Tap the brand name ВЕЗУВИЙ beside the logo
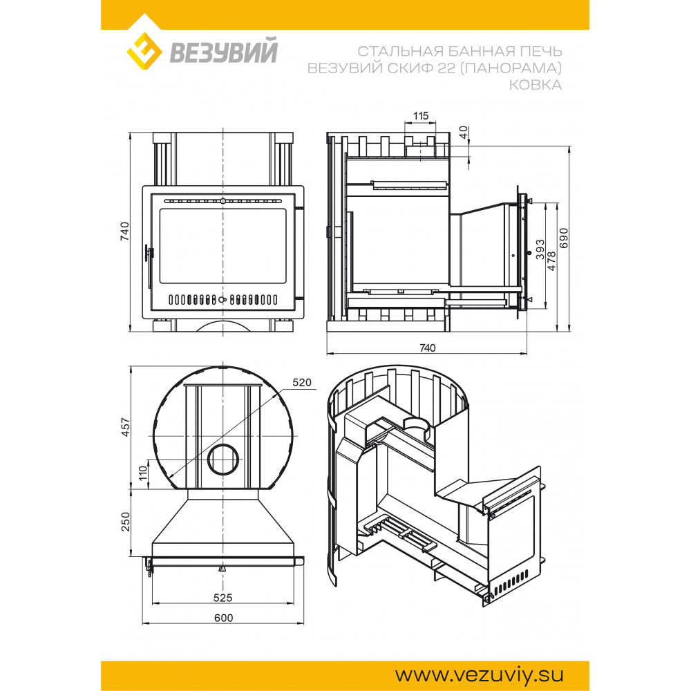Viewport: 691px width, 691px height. pyautogui.click(x=224, y=51)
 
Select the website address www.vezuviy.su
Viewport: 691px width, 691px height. pyautogui.click(x=479, y=674)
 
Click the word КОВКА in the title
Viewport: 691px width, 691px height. pyautogui.click(x=536, y=84)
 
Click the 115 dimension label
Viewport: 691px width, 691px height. pyautogui.click(x=420, y=116)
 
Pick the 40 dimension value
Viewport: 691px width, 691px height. pyautogui.click(x=463, y=132)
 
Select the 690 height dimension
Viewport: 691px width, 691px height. pyautogui.click(x=564, y=238)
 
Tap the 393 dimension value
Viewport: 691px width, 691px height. pyautogui.click(x=540, y=249)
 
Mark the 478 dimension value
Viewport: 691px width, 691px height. pyautogui.click(x=551, y=261)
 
